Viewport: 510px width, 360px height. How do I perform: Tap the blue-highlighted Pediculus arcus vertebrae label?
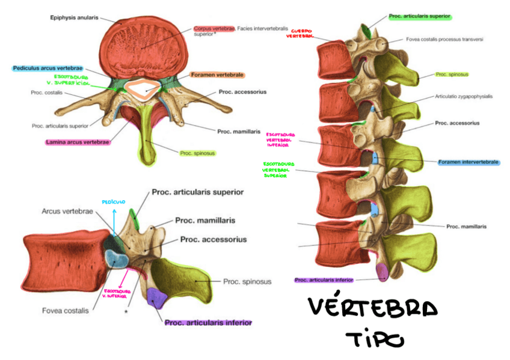click(48, 69)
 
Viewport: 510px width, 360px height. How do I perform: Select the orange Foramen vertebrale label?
click(217, 75)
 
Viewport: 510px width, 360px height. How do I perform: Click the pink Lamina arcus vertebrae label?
click(77, 142)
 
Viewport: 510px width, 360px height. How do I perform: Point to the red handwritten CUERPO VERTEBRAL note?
click(300, 32)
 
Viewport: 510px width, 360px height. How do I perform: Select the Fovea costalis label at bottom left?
click(66, 311)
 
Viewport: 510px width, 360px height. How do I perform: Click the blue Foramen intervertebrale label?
click(469, 162)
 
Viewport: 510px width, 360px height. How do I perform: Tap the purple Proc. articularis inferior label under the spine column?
click(324, 280)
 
